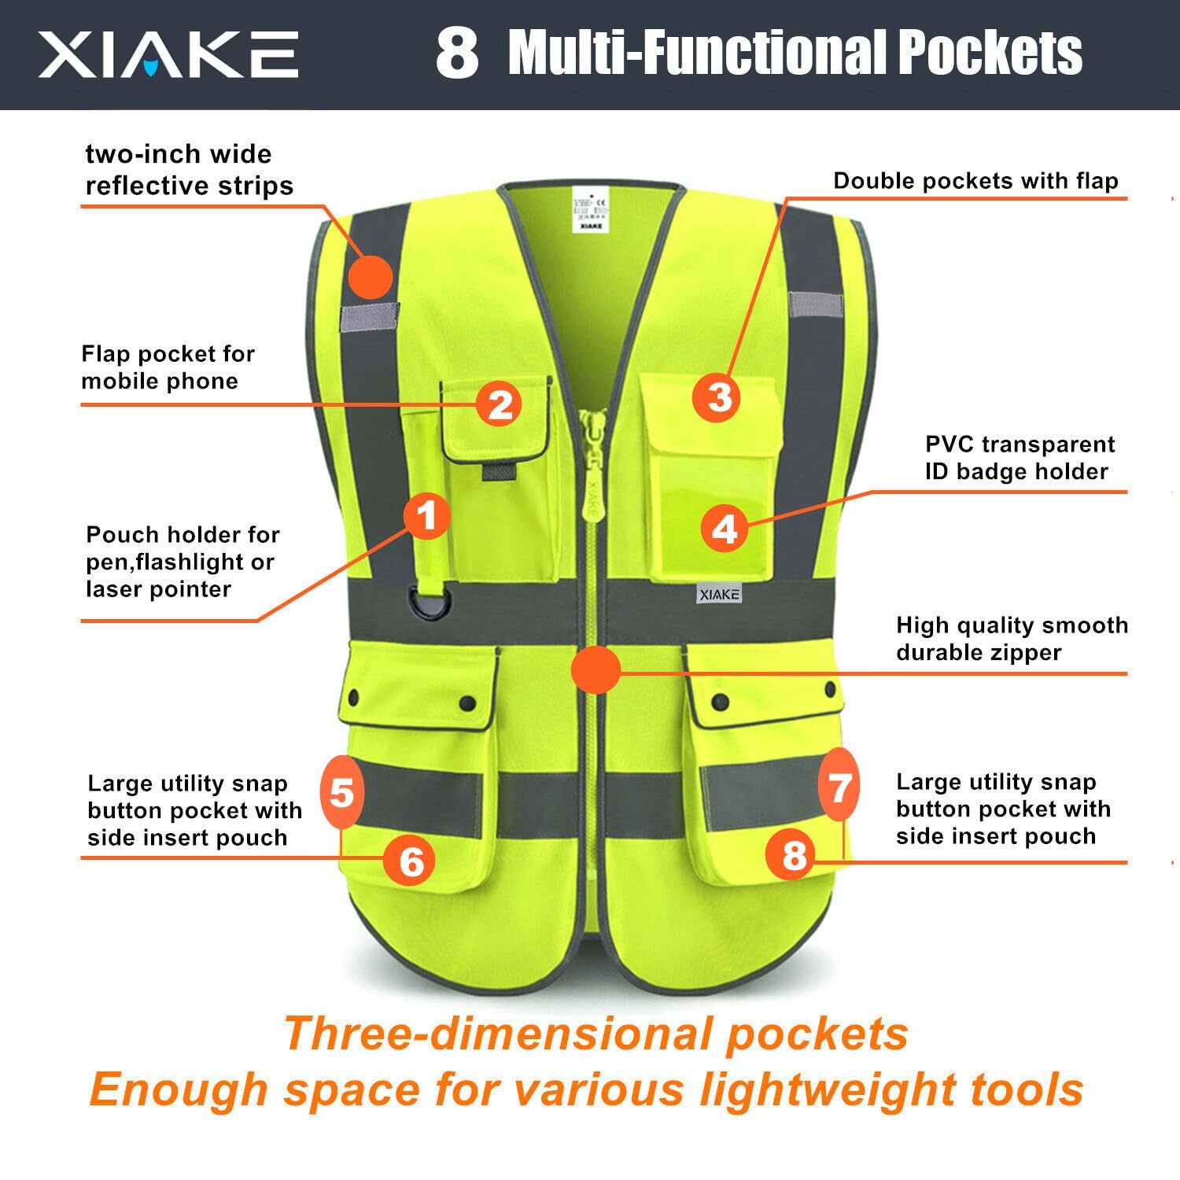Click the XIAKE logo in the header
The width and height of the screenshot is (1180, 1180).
pos(168,55)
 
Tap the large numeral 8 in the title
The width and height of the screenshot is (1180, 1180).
pos(457,53)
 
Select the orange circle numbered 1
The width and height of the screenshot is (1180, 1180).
pos(426,517)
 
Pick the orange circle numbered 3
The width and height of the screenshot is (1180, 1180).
pos(719,396)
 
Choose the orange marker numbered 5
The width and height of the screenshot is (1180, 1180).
pos(342,793)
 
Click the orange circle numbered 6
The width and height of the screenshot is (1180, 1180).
pos(411,861)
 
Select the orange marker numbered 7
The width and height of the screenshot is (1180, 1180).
pos(839,786)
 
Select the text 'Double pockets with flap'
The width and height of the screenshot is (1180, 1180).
pos(975,181)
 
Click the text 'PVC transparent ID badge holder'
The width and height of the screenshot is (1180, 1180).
pos(1020,458)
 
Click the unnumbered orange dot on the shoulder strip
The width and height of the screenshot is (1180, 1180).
pos(370,277)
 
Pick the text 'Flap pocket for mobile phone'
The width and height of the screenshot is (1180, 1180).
pos(168,367)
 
